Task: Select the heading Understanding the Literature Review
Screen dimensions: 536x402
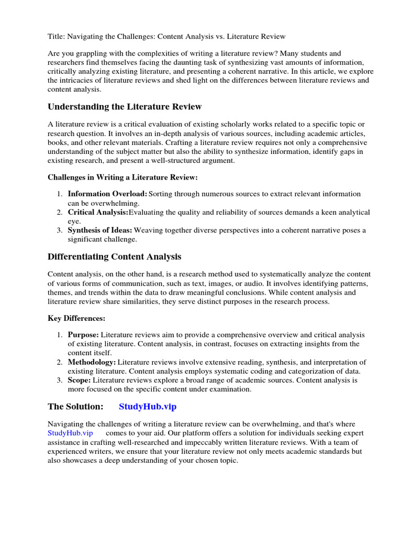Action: coord(125,107)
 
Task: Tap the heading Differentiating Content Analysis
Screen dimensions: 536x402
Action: coord(115,256)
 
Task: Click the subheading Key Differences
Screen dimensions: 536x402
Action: coord(76,318)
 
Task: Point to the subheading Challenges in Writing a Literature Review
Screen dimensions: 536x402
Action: coord(122,177)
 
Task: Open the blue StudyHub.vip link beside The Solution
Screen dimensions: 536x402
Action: coord(151,406)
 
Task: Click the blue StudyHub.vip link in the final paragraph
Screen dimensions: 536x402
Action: coord(70,433)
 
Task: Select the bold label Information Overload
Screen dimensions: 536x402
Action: coord(107,194)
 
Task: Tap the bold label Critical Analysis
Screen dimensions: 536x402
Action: coord(98,212)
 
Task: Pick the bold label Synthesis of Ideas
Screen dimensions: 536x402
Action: coord(100,230)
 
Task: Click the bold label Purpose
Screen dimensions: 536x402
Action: coord(83,335)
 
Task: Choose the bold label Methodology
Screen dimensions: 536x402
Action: coord(92,362)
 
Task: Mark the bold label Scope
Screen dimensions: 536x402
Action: coord(80,380)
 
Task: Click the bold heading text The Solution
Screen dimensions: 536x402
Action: coord(75,406)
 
